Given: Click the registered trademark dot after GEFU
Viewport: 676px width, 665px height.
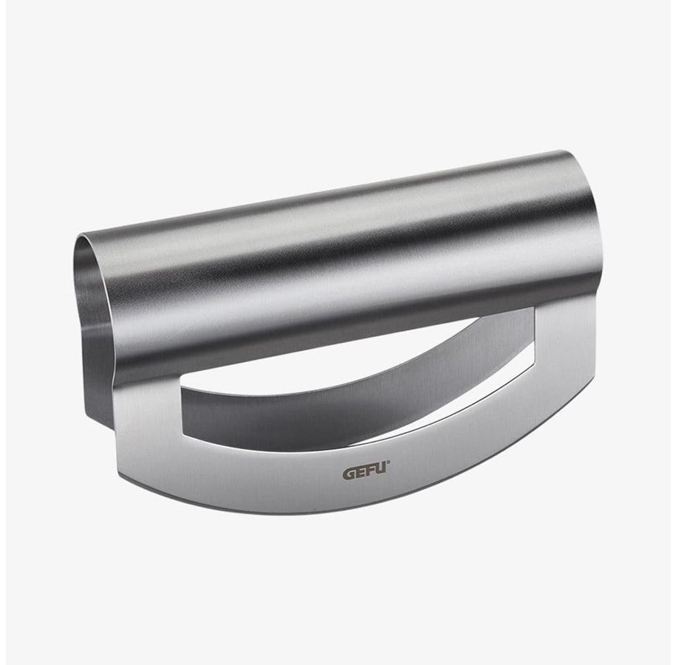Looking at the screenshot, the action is coord(389,463).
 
